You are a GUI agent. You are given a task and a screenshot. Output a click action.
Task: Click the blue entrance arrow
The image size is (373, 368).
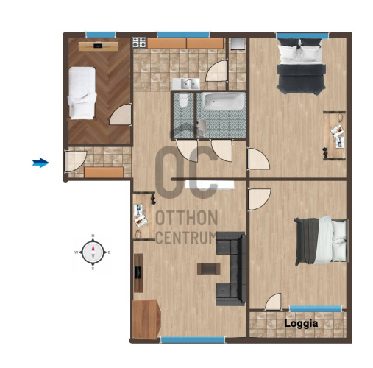tap(40, 163)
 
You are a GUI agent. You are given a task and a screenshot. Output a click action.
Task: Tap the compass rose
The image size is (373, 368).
tap(93, 252)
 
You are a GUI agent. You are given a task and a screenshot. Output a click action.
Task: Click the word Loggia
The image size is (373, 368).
tap(301, 324)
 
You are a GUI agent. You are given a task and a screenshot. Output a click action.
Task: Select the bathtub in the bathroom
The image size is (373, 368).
tap(224, 102)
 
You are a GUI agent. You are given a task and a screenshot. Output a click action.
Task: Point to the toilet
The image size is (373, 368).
tap(183, 100)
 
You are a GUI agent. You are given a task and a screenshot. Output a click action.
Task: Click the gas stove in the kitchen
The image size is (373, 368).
tap(139, 43)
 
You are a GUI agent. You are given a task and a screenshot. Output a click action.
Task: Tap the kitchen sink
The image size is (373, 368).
tap(186, 84)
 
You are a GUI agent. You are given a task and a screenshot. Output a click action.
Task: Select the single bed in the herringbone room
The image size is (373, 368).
tap(82, 93)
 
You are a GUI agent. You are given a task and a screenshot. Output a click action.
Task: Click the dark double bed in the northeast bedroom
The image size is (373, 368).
tap(301, 66)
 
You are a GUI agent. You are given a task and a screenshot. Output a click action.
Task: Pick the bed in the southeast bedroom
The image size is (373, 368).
tap(322, 241)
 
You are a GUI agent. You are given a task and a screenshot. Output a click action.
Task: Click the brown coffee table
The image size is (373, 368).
tap(208, 269)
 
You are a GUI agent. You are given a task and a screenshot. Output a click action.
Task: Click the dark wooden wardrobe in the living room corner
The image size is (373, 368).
tap(146, 319)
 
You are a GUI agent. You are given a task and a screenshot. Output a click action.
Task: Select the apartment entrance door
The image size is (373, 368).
tap(75, 160)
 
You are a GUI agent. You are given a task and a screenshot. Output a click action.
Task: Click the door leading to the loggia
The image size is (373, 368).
tap(274, 302)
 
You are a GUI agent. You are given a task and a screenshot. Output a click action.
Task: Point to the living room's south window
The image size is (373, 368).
tap(193, 340)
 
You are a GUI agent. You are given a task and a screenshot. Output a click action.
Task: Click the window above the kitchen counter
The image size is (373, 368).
tap(183, 35)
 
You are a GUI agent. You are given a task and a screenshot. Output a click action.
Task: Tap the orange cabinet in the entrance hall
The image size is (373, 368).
tap(104, 172)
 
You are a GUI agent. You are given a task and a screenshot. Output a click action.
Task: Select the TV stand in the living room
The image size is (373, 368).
tap(138, 273)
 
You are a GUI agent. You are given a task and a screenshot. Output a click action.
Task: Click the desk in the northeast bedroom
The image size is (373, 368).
tap(334, 135)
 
